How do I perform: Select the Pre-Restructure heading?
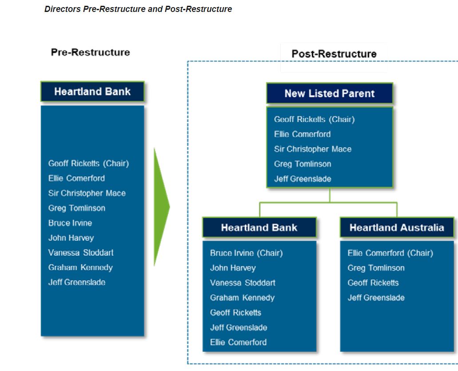[90, 52]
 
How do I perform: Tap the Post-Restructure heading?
[334, 54]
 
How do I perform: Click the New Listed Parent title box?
[329, 94]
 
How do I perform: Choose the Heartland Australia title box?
[396, 228]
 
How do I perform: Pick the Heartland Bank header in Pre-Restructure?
[92, 92]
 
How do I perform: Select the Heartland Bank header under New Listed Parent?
[259, 228]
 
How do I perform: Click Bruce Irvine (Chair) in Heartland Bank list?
[246, 253]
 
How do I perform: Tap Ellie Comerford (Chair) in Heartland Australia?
[390, 253]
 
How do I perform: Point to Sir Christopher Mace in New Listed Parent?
[313, 149]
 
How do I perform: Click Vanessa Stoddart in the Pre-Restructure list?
[81, 253]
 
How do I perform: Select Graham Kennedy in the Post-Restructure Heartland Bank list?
[242, 298]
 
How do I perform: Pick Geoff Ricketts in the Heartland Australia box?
[373, 283]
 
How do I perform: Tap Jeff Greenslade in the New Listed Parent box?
[303, 179]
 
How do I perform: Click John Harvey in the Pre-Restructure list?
[71, 238]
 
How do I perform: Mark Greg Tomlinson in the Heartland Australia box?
[376, 268]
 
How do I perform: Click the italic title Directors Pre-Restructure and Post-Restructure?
[138, 9]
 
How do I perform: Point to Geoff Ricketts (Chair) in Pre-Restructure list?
[88, 164]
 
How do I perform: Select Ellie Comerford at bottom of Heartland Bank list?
[238, 343]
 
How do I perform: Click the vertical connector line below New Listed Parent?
[330, 195]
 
